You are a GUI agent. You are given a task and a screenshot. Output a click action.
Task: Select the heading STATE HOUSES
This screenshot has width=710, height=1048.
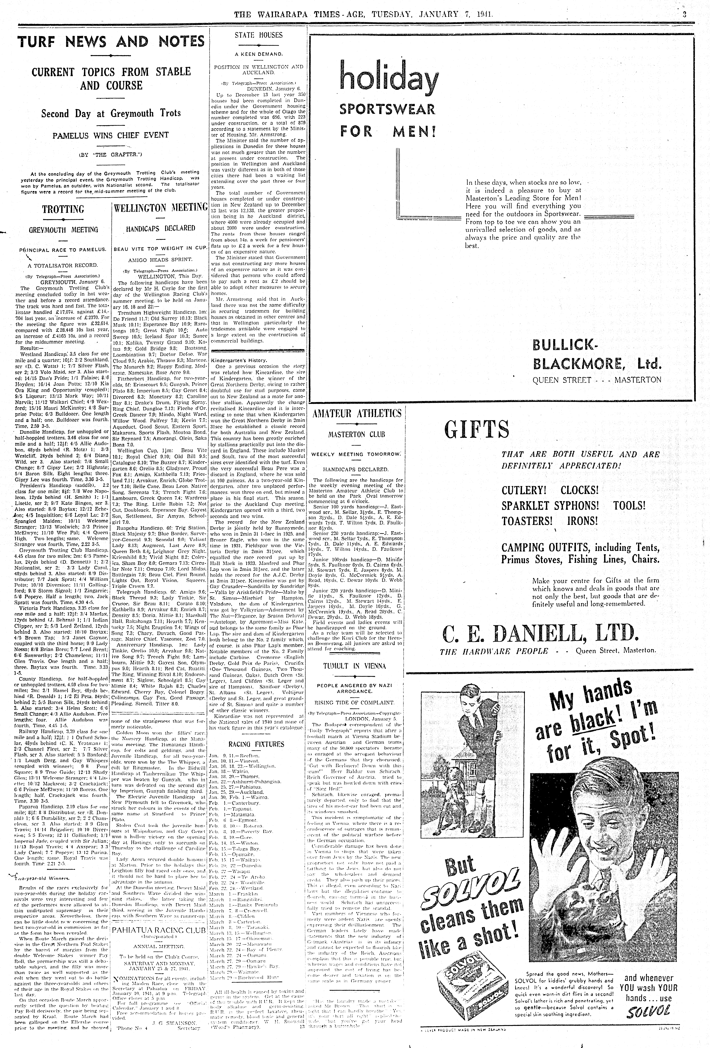pyautogui.click(x=258, y=35)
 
